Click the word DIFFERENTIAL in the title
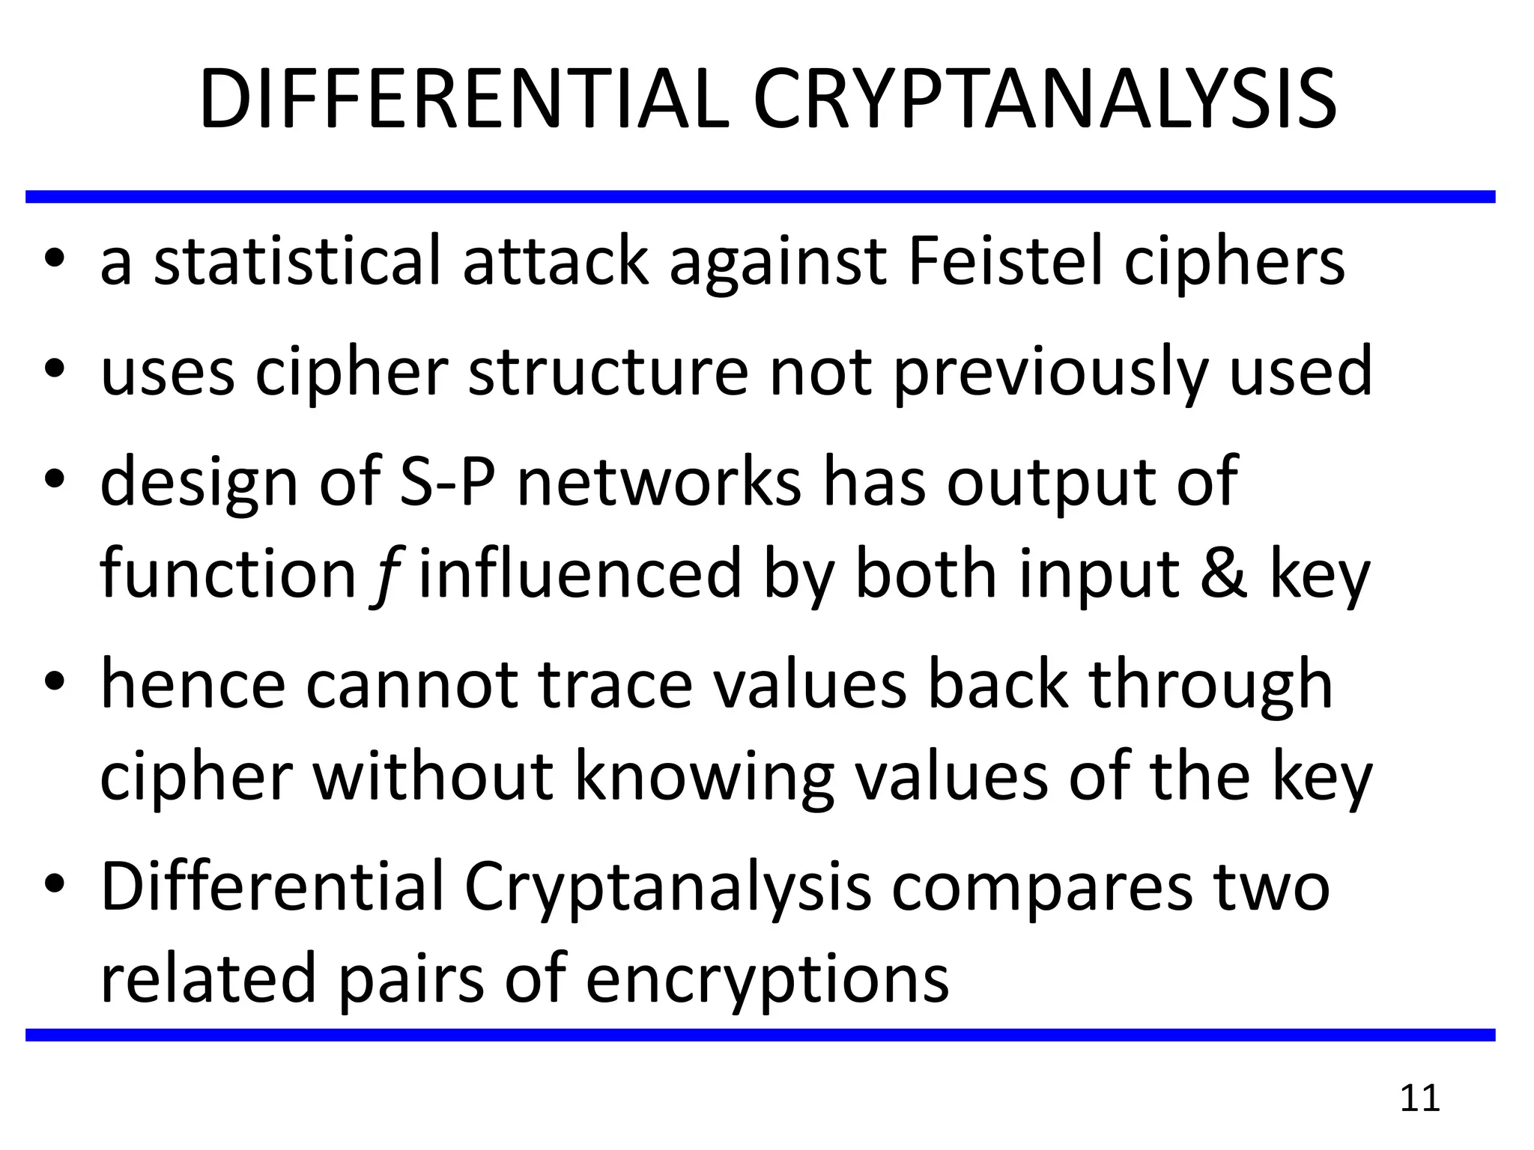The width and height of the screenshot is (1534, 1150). pos(464,100)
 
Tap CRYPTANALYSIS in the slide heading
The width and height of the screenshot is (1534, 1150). pos(1044,100)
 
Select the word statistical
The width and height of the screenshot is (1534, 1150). pos(297,261)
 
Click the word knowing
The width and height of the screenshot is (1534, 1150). pos(703,779)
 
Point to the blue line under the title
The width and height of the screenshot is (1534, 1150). pos(760,197)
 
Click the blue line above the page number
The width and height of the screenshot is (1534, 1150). pos(760,1035)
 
